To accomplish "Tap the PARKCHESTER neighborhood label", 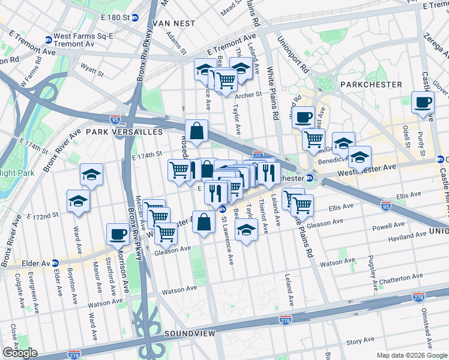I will (x=370, y=85).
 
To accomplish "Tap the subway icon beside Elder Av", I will (x=55, y=263).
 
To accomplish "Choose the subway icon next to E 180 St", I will (x=135, y=17).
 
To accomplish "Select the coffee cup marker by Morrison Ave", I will (x=117, y=233).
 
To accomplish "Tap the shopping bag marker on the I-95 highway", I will (x=197, y=130).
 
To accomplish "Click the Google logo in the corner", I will (x=20, y=353).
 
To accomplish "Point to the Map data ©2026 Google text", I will (x=411, y=355).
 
